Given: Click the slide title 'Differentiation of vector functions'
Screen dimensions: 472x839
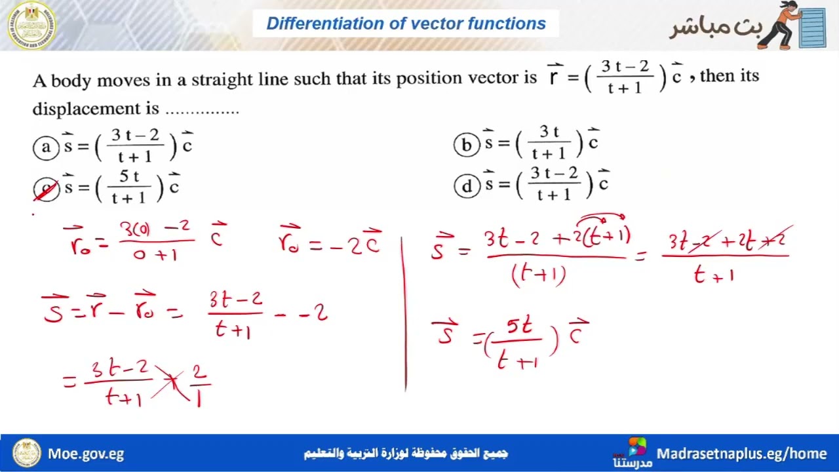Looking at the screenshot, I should [x=406, y=24].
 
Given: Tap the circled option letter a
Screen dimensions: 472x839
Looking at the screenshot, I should [x=46, y=147].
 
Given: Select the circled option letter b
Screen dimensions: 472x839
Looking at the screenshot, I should [x=466, y=144].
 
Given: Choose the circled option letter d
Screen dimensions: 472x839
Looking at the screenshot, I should [x=466, y=187].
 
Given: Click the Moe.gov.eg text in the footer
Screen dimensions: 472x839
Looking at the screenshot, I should [x=86, y=454].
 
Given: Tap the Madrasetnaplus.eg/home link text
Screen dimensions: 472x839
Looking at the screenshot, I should [x=741, y=454].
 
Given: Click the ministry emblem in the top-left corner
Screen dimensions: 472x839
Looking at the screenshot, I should [x=31, y=26].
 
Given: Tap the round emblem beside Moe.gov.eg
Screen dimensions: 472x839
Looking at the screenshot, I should [x=27, y=453].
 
